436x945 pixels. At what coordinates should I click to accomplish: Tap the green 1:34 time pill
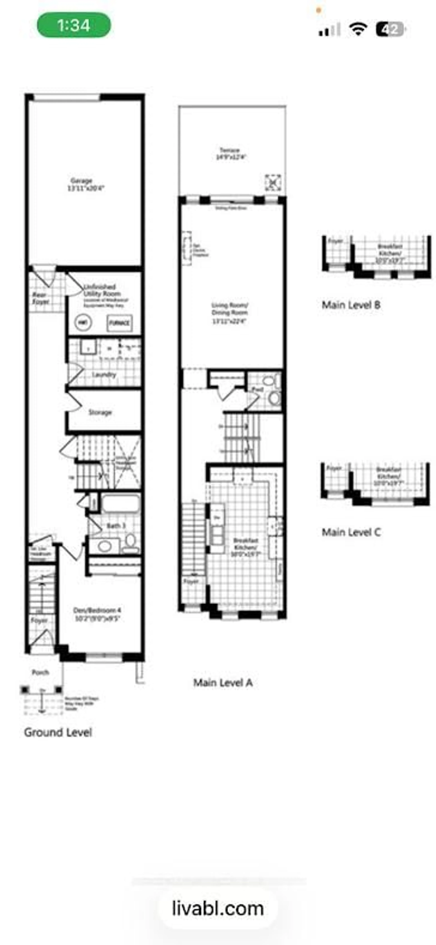[x=73, y=25]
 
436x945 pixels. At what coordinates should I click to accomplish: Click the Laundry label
[x=104, y=375]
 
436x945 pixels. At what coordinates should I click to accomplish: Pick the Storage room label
[x=100, y=412]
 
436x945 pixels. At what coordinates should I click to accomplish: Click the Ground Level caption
[x=58, y=732]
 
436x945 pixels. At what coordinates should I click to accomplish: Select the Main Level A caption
[x=223, y=682]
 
